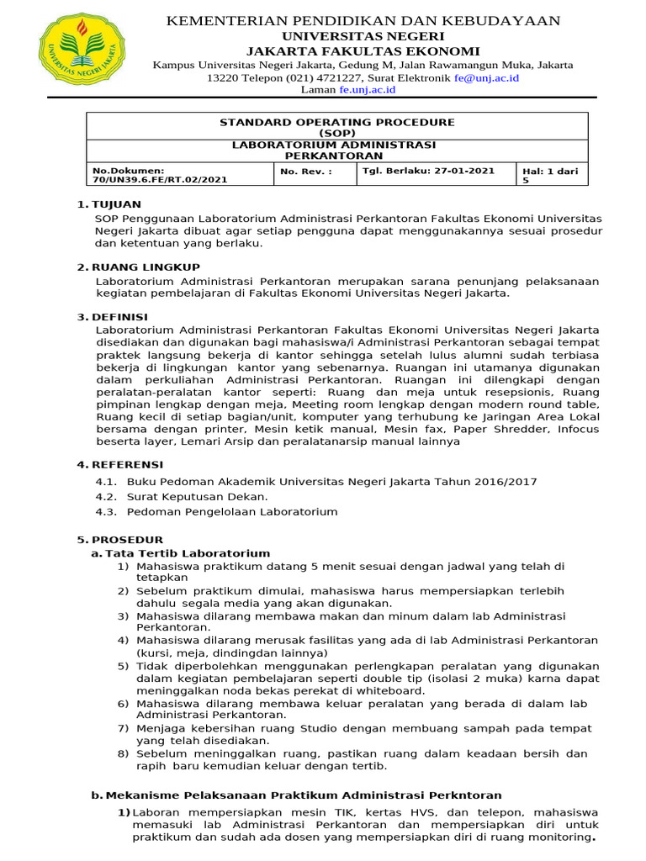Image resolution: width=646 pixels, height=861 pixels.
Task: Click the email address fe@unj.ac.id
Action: pos(487,77)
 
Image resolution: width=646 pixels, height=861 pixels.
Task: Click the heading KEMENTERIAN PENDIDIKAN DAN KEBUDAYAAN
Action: pos(363,21)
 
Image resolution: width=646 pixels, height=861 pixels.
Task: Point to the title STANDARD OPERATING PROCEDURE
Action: pos(336,123)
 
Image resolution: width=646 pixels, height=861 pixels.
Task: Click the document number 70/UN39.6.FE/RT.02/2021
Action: pos(159,179)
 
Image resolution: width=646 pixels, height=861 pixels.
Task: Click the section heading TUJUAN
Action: pos(119,204)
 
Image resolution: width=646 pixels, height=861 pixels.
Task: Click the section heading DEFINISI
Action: pos(123,316)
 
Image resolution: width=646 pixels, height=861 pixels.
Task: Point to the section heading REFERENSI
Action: pos(128,464)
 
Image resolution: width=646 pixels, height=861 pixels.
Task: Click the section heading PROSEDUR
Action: pos(127,539)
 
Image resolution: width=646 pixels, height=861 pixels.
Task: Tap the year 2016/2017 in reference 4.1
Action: pos(507,482)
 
